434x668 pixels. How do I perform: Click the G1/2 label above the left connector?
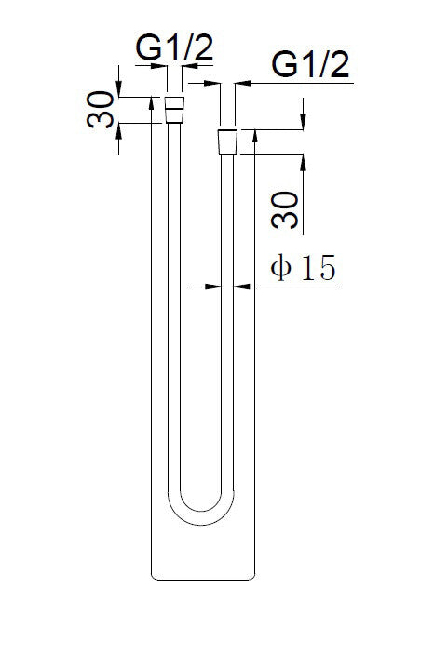tap(173, 47)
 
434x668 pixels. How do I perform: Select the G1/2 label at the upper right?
tap(310, 66)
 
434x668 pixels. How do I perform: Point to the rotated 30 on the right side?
tap(289, 209)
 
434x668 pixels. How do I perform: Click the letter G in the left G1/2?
tap(145, 47)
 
